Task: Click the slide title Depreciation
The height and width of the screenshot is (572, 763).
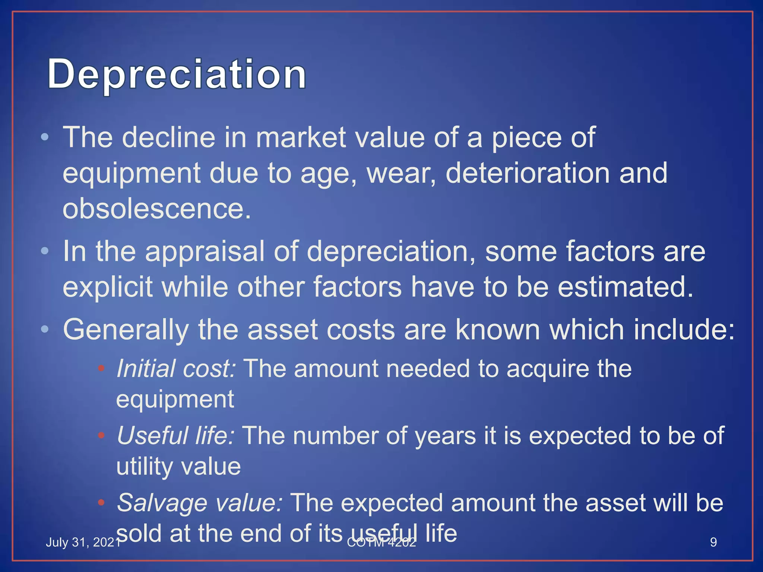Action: pos(177,74)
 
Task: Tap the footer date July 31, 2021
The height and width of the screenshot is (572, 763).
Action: pos(83,542)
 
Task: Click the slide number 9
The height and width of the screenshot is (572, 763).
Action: pos(713,542)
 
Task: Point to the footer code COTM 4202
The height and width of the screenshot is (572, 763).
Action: pos(381,543)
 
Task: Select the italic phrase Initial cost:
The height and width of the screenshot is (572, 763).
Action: pos(176,369)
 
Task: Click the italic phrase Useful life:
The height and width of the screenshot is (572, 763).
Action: pos(175,436)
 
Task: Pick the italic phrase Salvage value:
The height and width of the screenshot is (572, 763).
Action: pos(200,503)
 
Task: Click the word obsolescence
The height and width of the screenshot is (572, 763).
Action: pos(156,209)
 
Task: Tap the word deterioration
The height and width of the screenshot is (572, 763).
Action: pos(528,173)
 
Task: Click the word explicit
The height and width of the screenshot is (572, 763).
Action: pos(108,287)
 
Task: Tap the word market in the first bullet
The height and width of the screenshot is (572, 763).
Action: pos(301,137)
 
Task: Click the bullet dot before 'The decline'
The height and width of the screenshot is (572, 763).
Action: pos(45,137)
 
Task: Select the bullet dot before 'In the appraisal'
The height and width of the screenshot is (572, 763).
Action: pos(45,251)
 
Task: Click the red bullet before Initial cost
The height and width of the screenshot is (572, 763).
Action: pos(101,369)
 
